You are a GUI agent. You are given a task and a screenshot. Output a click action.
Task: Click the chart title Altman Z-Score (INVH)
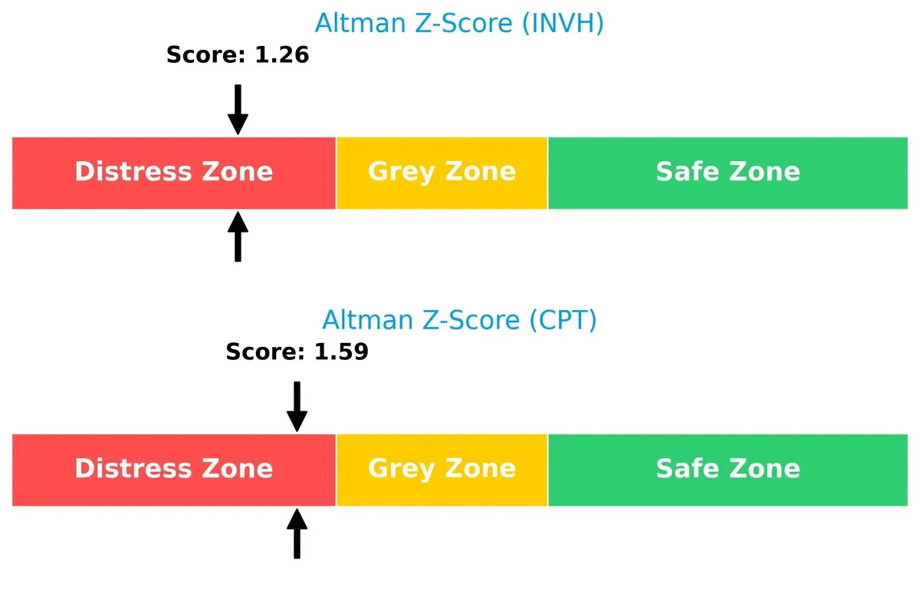[459, 24]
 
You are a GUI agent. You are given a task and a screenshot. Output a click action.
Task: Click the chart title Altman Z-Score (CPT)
[459, 320]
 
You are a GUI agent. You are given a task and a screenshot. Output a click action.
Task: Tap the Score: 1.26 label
[238, 54]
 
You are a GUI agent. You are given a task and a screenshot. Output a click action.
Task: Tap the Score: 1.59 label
[297, 352]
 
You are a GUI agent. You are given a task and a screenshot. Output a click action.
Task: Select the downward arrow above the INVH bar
[238, 110]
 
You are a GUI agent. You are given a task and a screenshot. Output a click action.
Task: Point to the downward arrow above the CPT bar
[297, 407]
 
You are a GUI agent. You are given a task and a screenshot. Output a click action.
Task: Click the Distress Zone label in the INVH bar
[174, 172]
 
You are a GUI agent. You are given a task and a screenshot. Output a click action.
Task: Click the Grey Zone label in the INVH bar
[442, 172]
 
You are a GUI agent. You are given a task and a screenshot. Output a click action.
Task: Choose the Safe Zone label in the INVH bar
[728, 172]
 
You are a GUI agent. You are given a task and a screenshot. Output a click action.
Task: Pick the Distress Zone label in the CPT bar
[174, 469]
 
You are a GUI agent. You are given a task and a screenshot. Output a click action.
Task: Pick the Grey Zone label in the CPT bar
[442, 469]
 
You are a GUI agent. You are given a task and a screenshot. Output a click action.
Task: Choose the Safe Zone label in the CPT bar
[728, 469]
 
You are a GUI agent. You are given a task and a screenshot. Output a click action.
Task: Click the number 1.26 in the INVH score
[282, 54]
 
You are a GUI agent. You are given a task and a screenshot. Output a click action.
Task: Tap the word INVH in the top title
[561, 24]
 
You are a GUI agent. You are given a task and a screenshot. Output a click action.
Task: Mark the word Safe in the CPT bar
[686, 469]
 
